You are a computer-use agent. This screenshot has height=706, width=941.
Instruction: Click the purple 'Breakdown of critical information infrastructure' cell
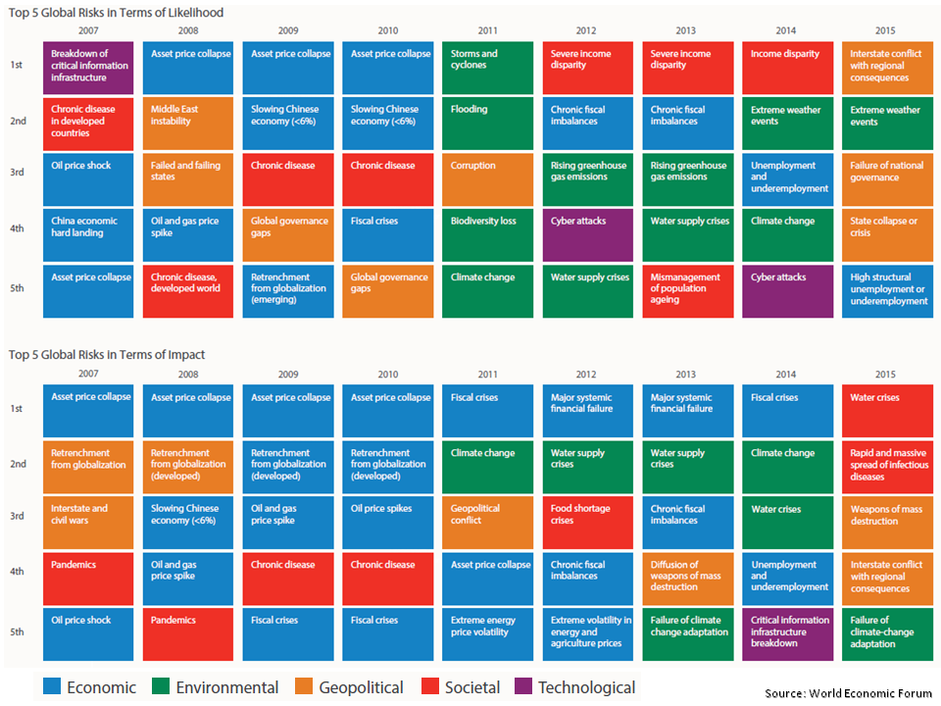tap(88, 68)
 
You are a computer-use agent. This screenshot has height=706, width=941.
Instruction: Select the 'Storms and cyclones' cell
tap(487, 68)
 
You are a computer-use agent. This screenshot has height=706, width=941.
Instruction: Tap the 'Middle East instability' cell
tap(188, 123)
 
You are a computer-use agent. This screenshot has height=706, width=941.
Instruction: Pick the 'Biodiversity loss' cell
tap(487, 234)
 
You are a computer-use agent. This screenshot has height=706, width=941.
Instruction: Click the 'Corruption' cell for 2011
tap(487, 179)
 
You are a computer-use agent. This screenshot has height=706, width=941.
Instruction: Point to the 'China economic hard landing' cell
tap(88, 234)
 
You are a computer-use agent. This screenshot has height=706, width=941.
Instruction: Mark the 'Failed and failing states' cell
tap(188, 179)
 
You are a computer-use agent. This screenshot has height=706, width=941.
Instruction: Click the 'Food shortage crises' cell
tap(587, 523)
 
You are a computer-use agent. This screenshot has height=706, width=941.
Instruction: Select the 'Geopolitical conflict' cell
tap(487, 523)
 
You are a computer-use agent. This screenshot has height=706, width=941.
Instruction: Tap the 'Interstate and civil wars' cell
tap(88, 523)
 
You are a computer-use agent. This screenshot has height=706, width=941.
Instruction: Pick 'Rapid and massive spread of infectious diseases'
tap(887, 467)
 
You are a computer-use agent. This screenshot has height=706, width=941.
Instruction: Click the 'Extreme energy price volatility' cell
tap(487, 633)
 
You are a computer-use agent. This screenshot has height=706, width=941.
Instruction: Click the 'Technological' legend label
tap(586, 687)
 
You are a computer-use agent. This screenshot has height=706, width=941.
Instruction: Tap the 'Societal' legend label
tap(470, 687)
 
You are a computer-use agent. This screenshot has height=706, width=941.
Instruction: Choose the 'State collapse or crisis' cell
tap(887, 234)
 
